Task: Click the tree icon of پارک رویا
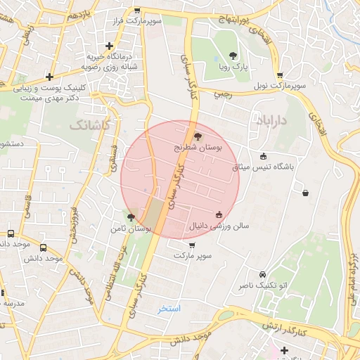[x=233, y=56]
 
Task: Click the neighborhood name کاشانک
[x=89, y=124]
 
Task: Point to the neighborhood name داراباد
[x=274, y=121]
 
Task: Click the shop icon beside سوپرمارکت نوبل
[x=280, y=75]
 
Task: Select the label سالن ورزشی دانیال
[x=211, y=226]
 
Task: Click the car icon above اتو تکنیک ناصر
[x=262, y=274]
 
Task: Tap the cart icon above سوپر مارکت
[x=192, y=245]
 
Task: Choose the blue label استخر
[x=169, y=309]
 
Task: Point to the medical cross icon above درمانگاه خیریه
[x=109, y=45]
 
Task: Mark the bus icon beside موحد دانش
[x=44, y=247]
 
